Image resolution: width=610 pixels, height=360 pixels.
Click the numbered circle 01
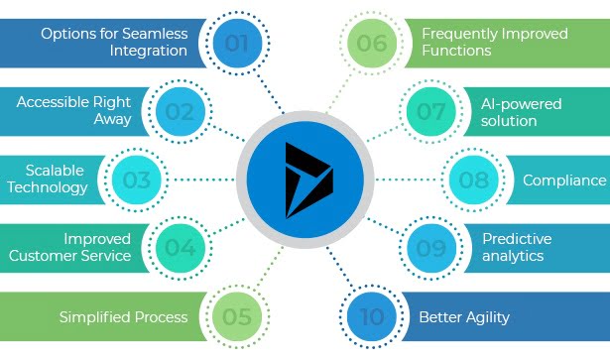[235, 44]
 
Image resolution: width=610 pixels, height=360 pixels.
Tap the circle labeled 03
[137, 180]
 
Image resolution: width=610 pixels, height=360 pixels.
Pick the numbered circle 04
[180, 248]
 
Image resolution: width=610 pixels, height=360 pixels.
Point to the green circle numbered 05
[235, 316]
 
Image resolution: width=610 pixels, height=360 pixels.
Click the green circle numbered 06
[372, 44]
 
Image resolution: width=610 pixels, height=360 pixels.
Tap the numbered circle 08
[473, 180]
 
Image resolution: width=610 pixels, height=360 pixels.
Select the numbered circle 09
[429, 248]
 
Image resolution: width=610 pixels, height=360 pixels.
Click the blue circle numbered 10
[372, 316]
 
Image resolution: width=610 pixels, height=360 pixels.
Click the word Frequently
[464, 34]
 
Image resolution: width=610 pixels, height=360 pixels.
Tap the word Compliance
[563, 180]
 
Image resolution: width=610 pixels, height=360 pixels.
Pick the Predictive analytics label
[516, 247]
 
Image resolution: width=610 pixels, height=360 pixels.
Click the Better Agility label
[463, 317]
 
